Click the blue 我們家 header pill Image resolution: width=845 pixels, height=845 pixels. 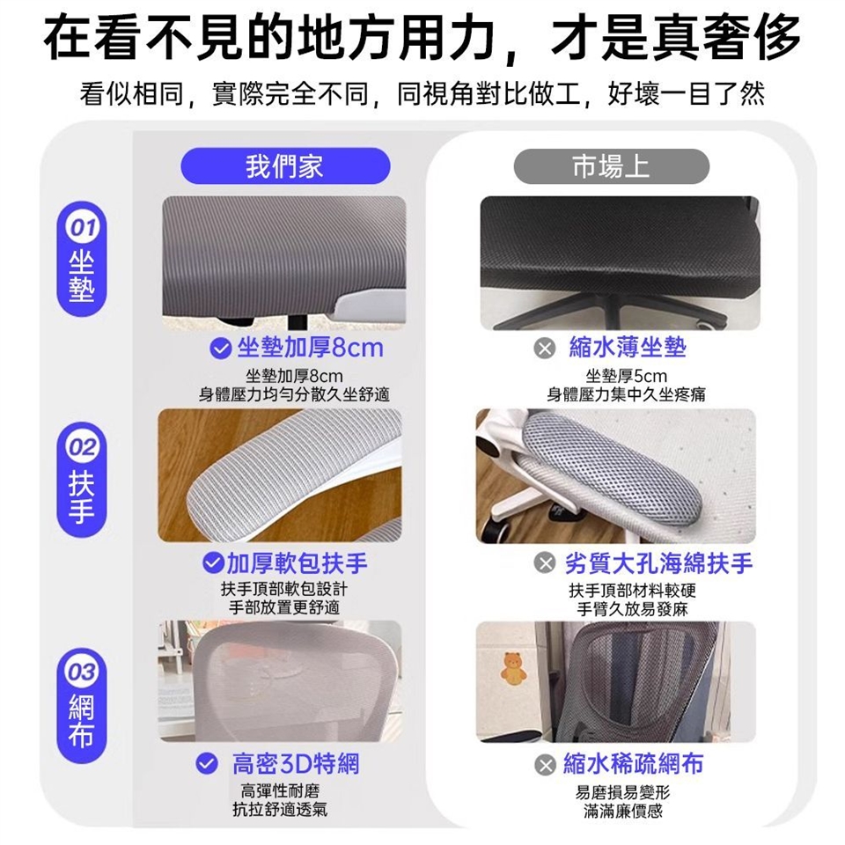[285, 166]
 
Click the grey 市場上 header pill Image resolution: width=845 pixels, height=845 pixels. [611, 166]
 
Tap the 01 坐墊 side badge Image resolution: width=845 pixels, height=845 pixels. [82, 259]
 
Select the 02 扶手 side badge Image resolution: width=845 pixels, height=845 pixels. [82, 479]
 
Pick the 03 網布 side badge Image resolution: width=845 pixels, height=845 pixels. [82, 705]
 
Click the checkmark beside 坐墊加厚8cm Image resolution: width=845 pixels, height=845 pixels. [220, 349]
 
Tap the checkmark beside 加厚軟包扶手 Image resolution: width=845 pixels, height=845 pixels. [213, 562]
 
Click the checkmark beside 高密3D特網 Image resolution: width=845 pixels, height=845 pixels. [206, 764]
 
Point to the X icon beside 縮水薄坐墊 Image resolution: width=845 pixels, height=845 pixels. [545, 349]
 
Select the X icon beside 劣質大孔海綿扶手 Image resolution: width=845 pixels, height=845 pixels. [545, 563]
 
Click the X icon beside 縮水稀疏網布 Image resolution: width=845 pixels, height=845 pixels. [545, 765]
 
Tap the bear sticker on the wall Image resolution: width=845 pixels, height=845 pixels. [513, 668]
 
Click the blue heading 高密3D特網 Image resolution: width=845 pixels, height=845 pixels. [296, 764]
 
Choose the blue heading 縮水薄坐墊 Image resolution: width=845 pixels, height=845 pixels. [628, 348]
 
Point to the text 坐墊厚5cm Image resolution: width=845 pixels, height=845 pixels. [626, 376]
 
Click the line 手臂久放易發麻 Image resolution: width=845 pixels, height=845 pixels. [632, 609]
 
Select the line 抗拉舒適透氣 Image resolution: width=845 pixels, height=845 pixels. [280, 809]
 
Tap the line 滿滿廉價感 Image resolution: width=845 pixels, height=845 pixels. [623, 811]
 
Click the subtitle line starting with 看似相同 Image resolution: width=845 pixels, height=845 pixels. [422, 94]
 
